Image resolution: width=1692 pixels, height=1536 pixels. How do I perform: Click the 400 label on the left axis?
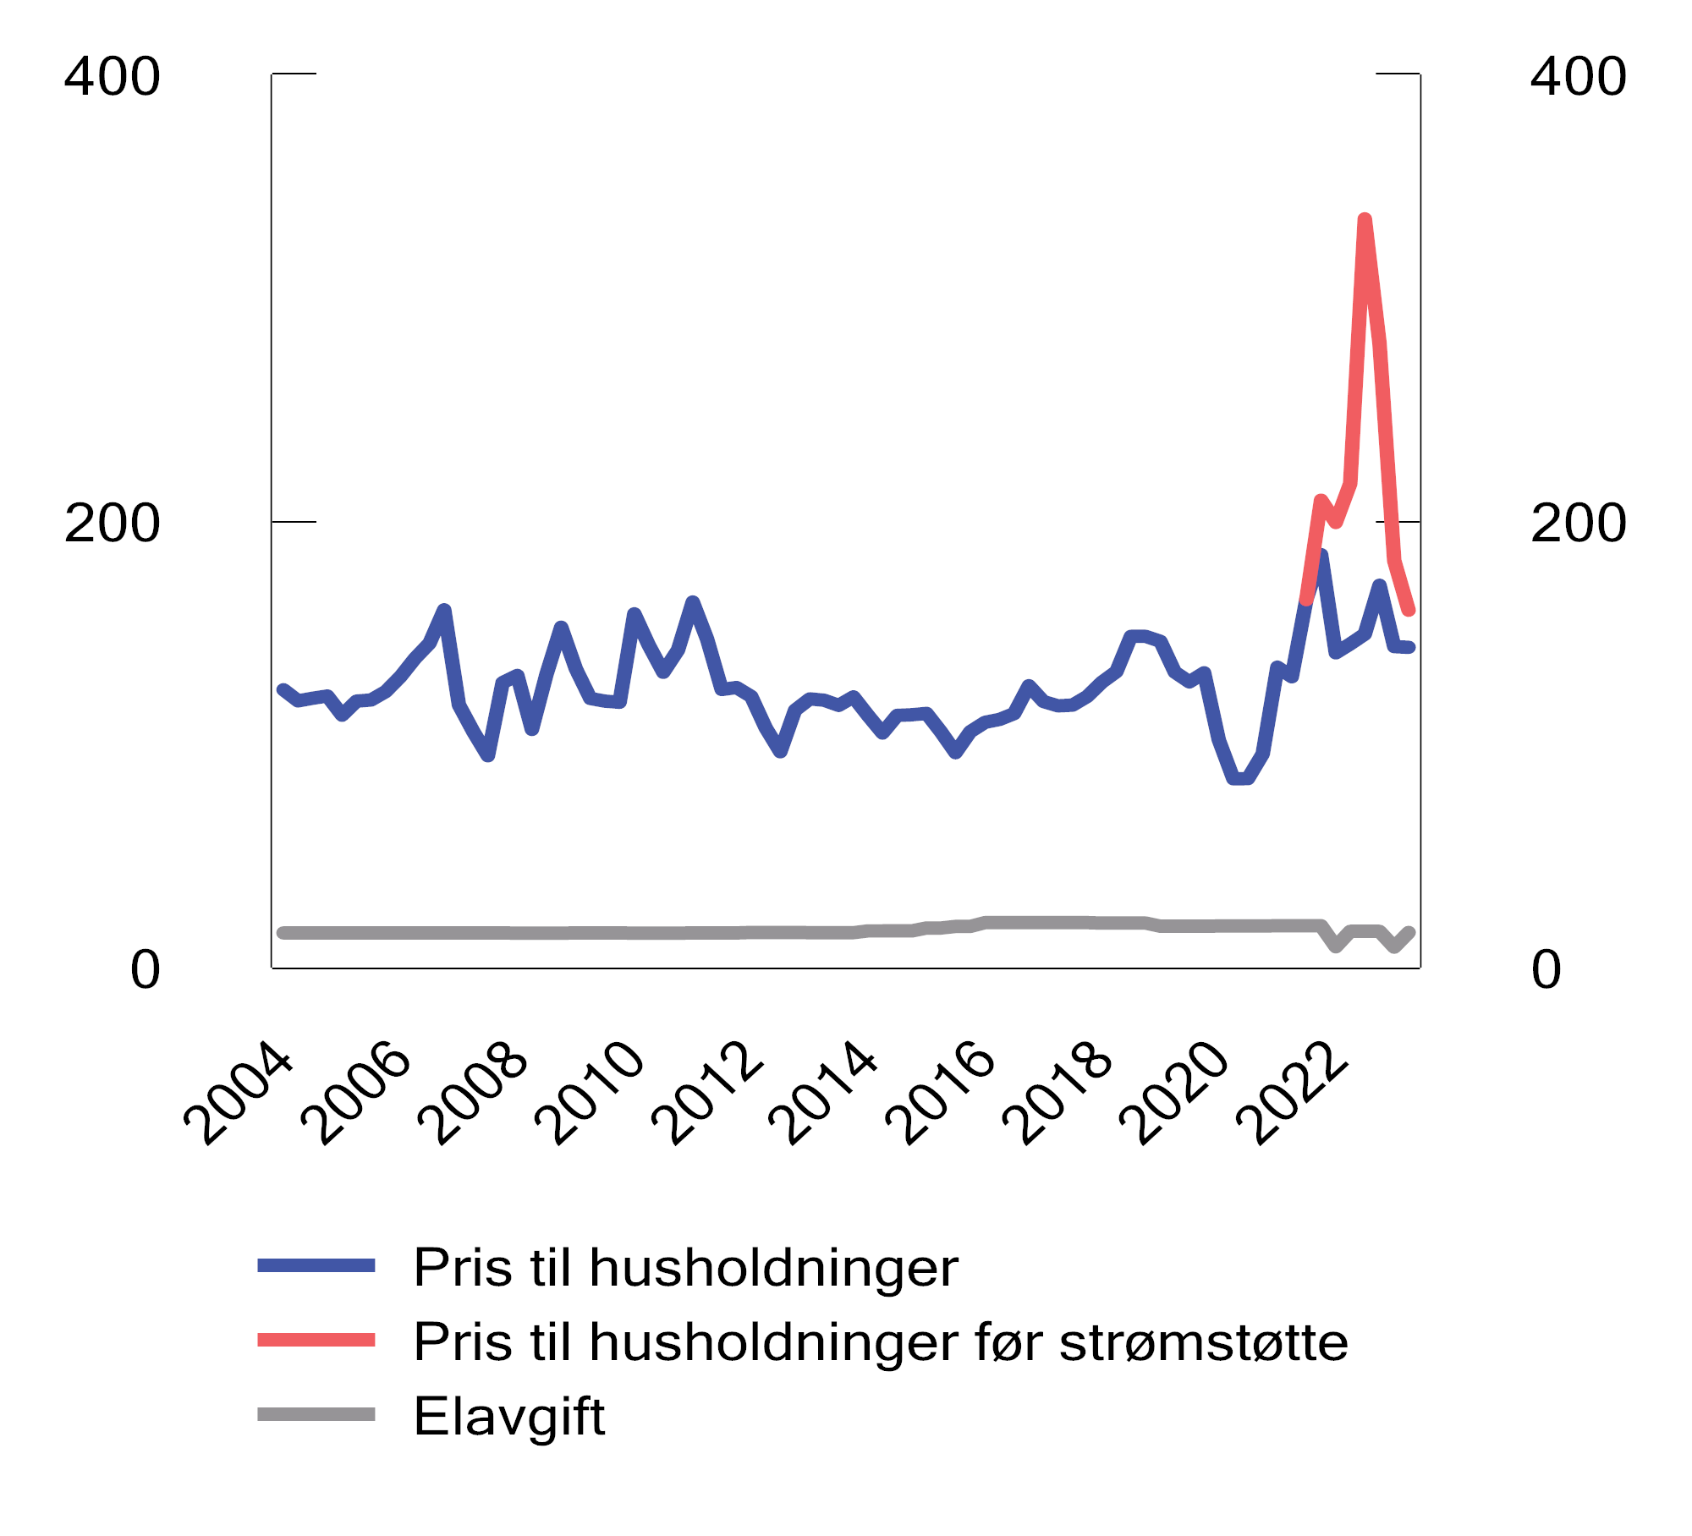pos(112,77)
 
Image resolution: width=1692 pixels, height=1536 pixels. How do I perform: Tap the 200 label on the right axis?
pos(1578,524)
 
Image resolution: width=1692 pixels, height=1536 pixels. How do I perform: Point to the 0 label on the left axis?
pos(145,970)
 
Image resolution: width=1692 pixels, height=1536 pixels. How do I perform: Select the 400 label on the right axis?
pos(1578,77)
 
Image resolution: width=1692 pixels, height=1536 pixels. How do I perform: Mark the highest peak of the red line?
pos(1365,220)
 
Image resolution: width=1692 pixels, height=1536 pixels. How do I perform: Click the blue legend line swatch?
pos(316,1266)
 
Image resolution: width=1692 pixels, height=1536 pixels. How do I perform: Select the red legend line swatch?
pos(316,1341)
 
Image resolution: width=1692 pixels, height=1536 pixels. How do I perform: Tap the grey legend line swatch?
pos(316,1415)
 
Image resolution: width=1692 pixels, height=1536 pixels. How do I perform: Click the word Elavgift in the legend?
pos(508,1417)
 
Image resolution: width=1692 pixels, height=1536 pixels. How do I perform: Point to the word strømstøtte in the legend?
pos(1203,1342)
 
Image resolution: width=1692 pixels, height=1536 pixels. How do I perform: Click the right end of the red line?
pos(1409,610)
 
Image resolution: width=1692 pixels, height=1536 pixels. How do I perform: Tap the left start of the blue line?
pos(283,690)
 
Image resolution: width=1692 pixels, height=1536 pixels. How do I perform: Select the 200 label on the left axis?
pos(112,524)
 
